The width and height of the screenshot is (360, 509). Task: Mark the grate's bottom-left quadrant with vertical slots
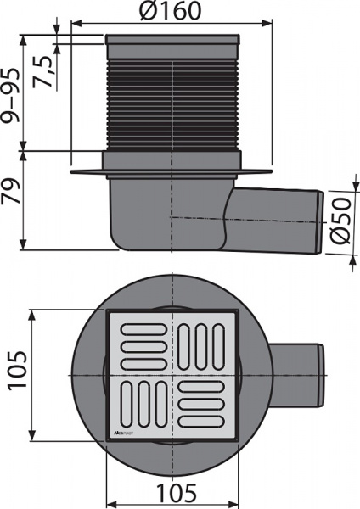pyautogui.click(x=142, y=406)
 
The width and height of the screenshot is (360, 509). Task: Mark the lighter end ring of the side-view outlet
pyautogui.click(x=318, y=219)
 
